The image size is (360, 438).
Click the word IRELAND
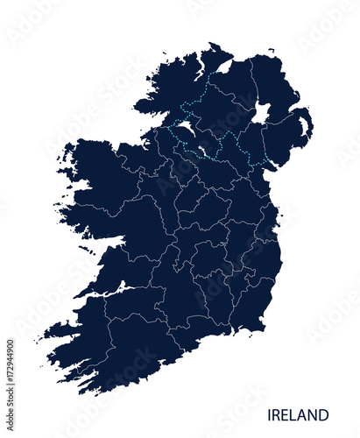(300, 414)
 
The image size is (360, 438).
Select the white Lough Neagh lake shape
(261, 113)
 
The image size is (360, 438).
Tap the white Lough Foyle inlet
(225, 66)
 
